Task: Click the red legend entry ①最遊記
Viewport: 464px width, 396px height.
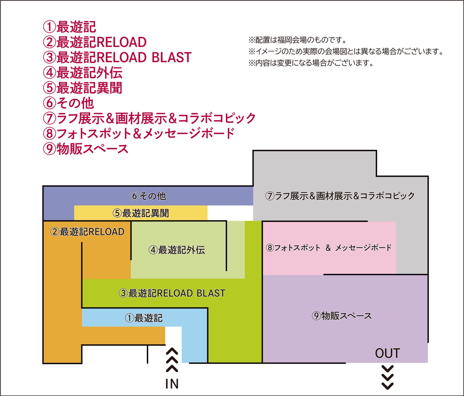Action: [69, 27]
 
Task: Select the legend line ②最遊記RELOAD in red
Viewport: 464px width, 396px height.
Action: [95, 42]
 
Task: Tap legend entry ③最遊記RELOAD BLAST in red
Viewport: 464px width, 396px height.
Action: [117, 57]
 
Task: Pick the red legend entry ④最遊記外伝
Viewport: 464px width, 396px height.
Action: [83, 73]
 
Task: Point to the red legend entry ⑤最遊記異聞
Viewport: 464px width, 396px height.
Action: [83, 88]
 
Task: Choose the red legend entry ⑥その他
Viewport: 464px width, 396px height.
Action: [69, 103]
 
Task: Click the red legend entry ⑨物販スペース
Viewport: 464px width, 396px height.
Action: [86, 149]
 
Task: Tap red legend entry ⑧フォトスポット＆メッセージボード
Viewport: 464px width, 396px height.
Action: [139, 133]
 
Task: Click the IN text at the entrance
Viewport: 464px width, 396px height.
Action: [172, 384]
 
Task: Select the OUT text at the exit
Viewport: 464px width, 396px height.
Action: [387, 353]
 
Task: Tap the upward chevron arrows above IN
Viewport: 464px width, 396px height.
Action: [172, 360]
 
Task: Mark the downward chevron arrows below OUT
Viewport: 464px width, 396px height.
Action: [388, 378]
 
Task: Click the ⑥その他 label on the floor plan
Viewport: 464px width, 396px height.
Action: [148, 196]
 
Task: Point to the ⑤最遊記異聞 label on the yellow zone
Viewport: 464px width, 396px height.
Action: [141, 213]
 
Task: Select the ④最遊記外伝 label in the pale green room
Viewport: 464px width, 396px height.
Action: [177, 250]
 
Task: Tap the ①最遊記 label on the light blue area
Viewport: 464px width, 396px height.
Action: [144, 318]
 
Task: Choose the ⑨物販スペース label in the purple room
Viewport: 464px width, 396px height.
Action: [342, 316]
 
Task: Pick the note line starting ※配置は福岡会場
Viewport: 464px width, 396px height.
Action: [297, 40]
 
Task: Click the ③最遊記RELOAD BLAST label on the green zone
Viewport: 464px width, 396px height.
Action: [172, 293]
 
